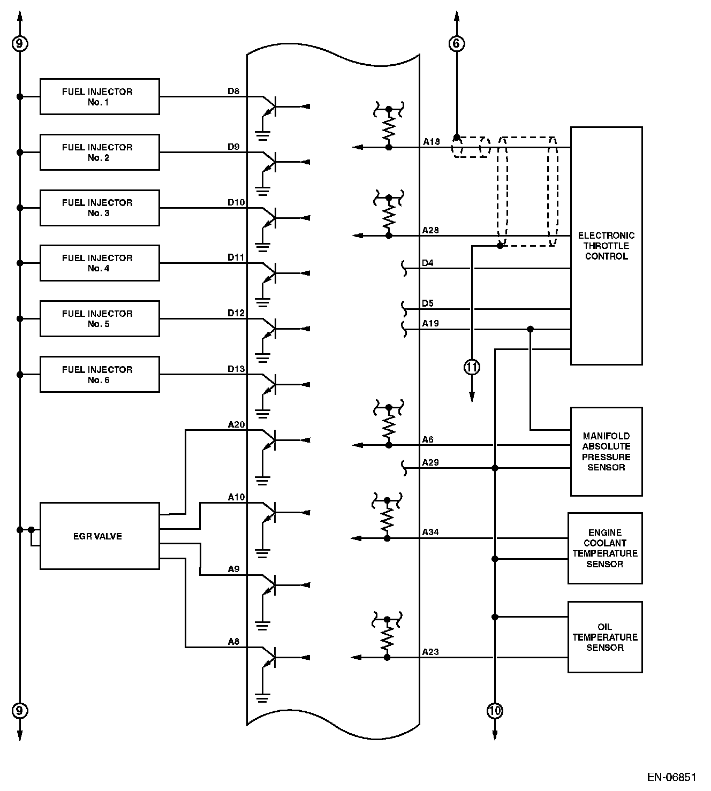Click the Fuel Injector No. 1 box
pyautogui.click(x=100, y=97)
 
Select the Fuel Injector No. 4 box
pyautogui.click(x=100, y=263)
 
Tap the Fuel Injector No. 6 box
pyautogui.click(x=100, y=375)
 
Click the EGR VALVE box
pyautogui.click(x=100, y=536)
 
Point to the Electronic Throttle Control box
pyautogui.click(x=606, y=246)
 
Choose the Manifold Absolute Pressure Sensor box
pyautogui.click(x=606, y=452)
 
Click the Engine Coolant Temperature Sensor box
pyautogui.click(x=605, y=548)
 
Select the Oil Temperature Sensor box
pyautogui.click(x=605, y=637)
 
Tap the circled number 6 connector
pyautogui.click(x=456, y=43)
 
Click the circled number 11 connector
pyautogui.click(x=472, y=367)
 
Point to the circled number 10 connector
pyautogui.click(x=495, y=711)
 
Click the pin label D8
pyautogui.click(x=233, y=91)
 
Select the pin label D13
pyautogui.click(x=236, y=369)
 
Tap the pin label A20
pyautogui.click(x=236, y=425)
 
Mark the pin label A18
pyautogui.click(x=431, y=142)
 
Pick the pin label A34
pyautogui.click(x=430, y=532)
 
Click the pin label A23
pyautogui.click(x=430, y=652)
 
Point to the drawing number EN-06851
pyautogui.click(x=671, y=777)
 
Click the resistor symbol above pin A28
pyautogui.click(x=389, y=217)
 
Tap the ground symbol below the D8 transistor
pyautogui.click(x=262, y=135)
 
